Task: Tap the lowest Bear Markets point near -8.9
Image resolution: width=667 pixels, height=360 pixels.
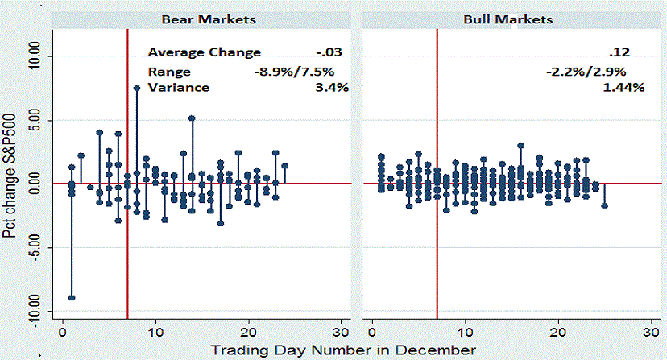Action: [72, 297]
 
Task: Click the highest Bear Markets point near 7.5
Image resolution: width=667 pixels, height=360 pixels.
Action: [137, 89]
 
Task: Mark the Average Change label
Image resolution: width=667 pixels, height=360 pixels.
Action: [204, 52]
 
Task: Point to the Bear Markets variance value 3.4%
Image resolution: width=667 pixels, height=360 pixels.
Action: [333, 87]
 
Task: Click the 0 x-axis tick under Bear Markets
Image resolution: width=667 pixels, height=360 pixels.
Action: [63, 332]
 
